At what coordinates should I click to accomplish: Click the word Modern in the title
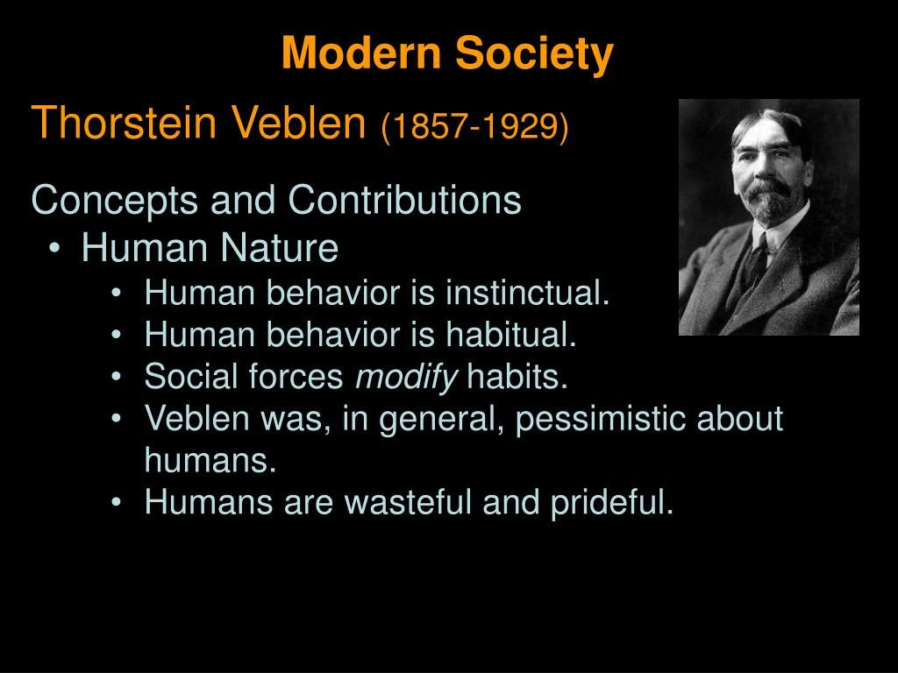point(360,52)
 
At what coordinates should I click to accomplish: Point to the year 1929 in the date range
point(517,125)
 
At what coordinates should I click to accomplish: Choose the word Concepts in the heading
point(115,201)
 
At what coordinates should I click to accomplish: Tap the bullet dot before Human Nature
point(54,248)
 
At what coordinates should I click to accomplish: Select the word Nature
point(280,248)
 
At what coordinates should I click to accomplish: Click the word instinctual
point(527,293)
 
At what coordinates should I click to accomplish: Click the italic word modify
point(406,378)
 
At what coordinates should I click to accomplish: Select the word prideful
point(611,503)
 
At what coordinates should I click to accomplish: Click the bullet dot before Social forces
point(117,377)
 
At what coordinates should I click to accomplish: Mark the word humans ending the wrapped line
point(210,460)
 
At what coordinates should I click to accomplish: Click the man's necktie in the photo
point(757,263)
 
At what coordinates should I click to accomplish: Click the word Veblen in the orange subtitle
point(298,122)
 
